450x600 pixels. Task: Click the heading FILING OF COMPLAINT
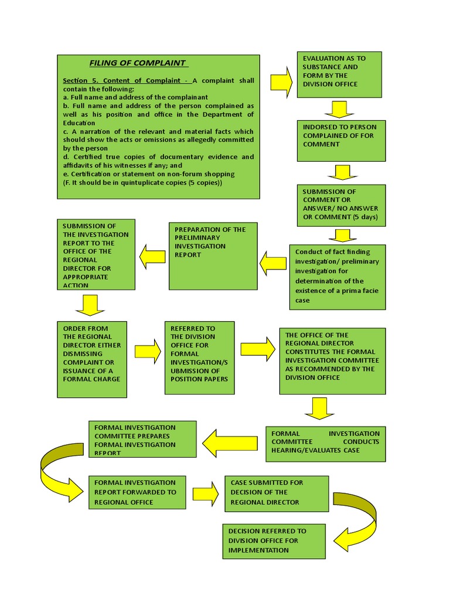pyautogui.click(x=137, y=63)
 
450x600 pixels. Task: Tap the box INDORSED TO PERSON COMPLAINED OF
pyautogui.click(x=342, y=140)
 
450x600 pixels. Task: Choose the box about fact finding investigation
pyautogui.click(x=337, y=277)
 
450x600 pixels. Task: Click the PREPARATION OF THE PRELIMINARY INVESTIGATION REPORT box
pyautogui.click(x=213, y=256)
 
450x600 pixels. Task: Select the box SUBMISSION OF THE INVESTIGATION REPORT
pyautogui.click(x=96, y=254)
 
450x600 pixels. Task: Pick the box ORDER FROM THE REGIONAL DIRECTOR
pyautogui.click(x=92, y=359)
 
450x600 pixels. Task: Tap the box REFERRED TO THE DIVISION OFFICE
pyautogui.click(x=200, y=357)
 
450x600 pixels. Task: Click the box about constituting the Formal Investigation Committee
pyautogui.click(x=332, y=360)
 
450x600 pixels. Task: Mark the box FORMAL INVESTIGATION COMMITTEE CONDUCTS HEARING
pyautogui.click(x=326, y=444)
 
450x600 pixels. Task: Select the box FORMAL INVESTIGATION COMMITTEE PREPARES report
pyautogui.click(x=142, y=439)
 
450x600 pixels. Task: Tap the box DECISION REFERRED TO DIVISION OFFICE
pyautogui.click(x=274, y=541)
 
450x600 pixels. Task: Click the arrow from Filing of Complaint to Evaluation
pyautogui.click(x=281, y=82)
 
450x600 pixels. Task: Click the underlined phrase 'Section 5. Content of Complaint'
pyautogui.click(x=125, y=80)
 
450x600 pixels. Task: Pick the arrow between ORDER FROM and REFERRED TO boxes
pyautogui.click(x=148, y=352)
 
